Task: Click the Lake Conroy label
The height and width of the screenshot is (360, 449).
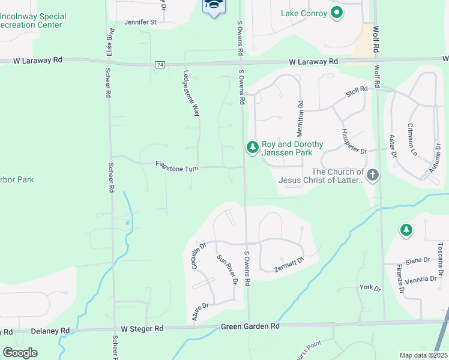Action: point(304,13)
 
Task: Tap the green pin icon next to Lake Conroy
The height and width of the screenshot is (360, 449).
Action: point(337,12)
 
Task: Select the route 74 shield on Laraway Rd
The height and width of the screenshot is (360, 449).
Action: point(160,64)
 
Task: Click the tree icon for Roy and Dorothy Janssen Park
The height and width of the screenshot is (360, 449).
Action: point(252,147)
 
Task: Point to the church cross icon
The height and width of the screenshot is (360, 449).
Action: point(373,176)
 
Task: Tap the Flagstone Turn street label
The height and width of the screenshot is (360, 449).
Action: point(176,167)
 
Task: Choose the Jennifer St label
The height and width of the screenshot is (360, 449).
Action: point(140,22)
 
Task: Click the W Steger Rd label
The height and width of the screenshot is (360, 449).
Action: point(142,328)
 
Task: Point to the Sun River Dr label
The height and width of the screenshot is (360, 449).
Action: point(227,269)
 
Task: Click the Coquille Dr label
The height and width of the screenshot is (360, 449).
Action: point(199,256)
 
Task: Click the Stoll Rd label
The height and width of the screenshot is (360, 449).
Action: point(355,93)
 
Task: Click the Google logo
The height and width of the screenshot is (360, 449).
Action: point(20,353)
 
